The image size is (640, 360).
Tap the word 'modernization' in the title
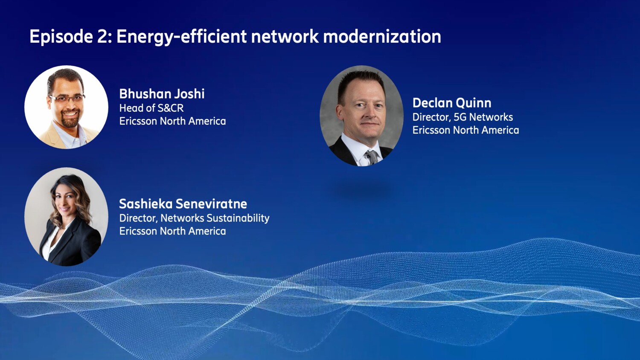[382, 37]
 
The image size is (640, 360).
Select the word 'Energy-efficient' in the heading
[181, 37]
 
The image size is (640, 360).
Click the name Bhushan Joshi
[162, 94]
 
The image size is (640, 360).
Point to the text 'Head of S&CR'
[151, 108]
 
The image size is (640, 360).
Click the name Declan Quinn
[451, 103]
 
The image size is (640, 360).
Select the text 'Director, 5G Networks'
[463, 117]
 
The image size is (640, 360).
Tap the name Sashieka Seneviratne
[183, 204]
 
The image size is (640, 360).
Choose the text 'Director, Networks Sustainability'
[194, 218]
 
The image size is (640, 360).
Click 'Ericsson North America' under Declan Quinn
[465, 130]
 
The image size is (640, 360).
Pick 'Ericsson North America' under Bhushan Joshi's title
[172, 121]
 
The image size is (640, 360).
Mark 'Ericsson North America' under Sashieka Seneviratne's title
[172, 231]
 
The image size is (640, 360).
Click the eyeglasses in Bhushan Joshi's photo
[67, 99]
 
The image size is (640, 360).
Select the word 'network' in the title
[285, 37]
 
